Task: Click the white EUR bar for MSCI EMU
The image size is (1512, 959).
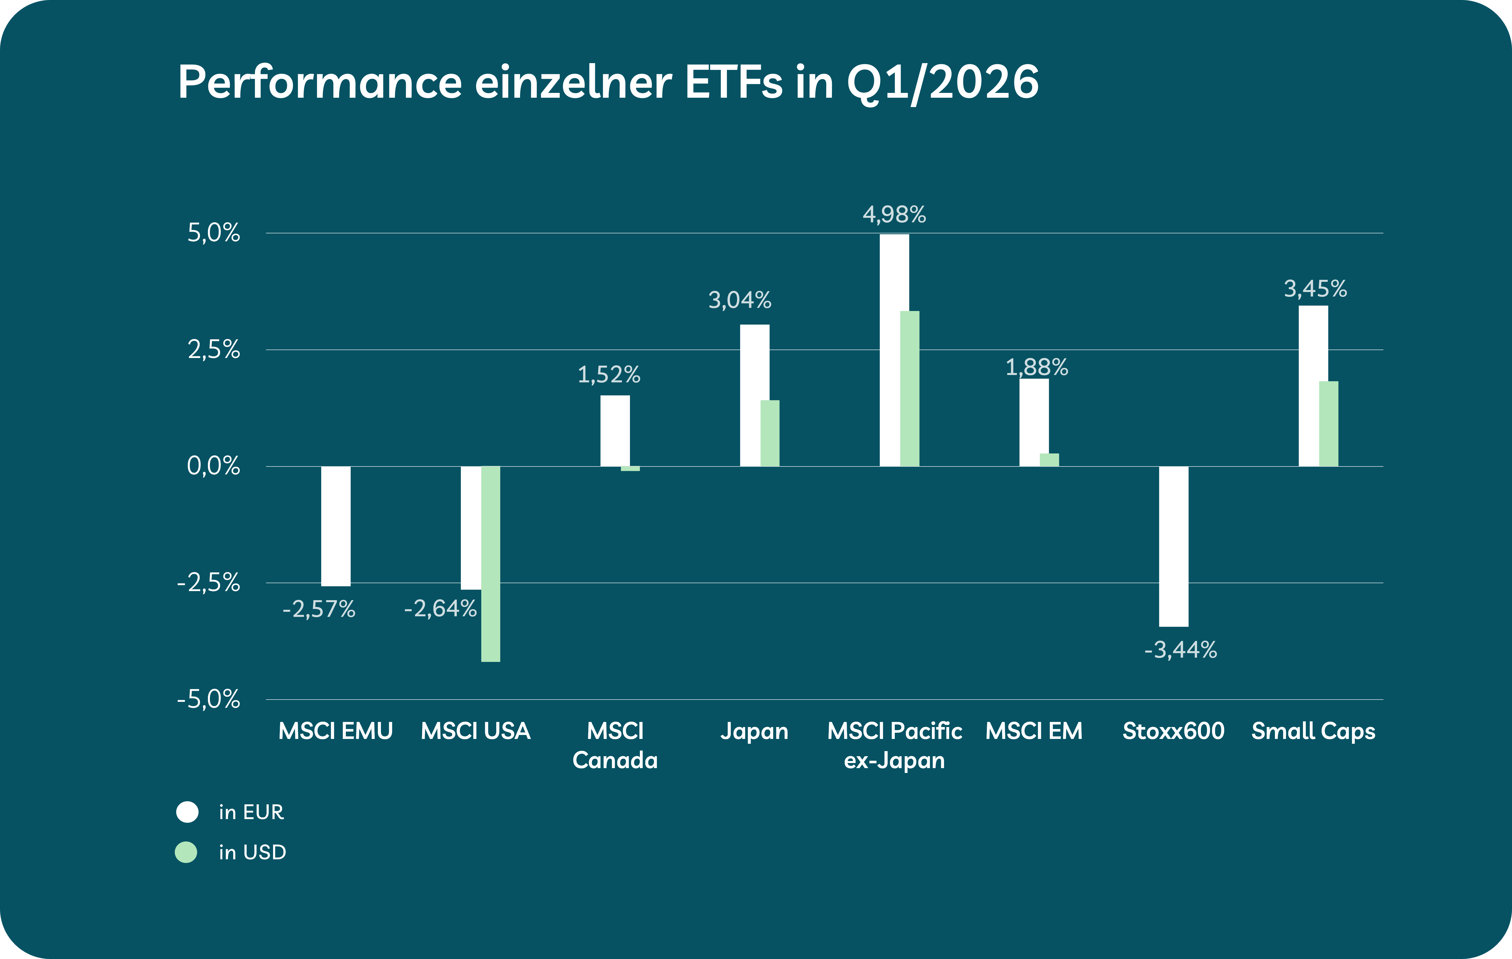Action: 336,526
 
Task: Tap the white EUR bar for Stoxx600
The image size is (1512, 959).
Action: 1174,546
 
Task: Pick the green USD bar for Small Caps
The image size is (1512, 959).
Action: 1329,424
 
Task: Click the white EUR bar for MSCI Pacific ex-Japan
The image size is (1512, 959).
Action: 894,350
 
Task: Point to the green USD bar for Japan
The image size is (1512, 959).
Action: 770,433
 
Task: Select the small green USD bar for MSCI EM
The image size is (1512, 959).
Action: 1049,460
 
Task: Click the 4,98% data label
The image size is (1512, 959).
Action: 894,215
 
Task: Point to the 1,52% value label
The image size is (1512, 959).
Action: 608,375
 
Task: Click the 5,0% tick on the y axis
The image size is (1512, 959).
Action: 214,233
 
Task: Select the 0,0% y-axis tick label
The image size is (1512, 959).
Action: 214,466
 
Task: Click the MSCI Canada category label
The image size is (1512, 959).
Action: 615,745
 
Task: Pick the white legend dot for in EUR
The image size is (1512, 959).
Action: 187,812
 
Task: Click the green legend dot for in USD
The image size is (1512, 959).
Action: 186,852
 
